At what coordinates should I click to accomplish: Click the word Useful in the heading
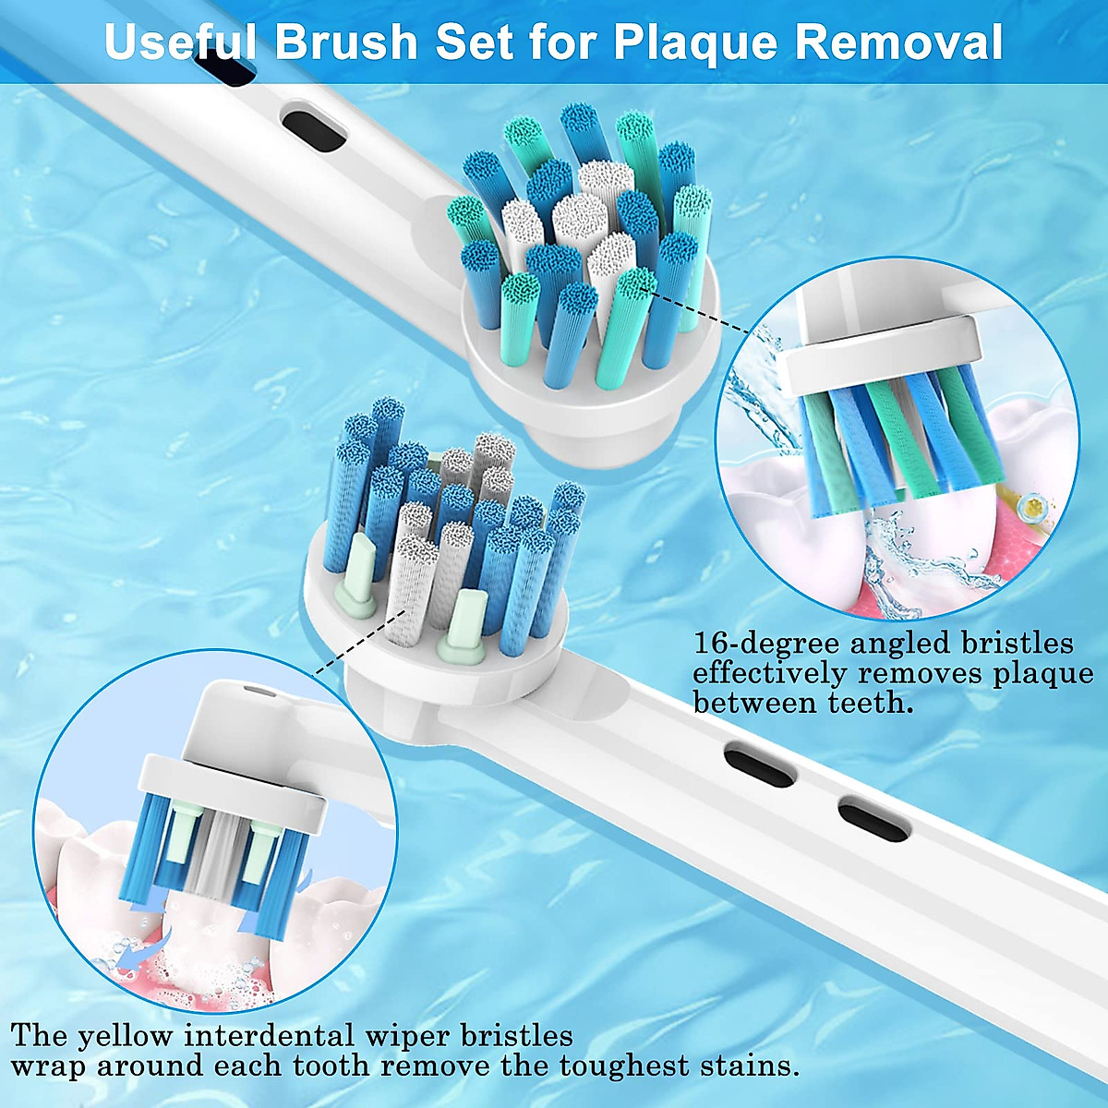[180, 42]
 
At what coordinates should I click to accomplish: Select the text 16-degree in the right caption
[767, 643]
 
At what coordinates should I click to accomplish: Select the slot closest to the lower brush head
[759, 762]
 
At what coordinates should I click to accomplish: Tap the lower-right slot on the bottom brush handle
[873, 818]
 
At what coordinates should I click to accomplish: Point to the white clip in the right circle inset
[877, 351]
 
